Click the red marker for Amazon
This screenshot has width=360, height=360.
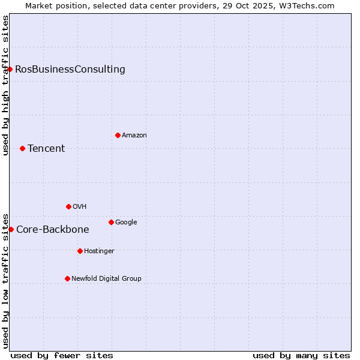[x=118, y=135]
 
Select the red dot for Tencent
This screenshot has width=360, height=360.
[x=22, y=148]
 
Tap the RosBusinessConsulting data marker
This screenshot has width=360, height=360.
[x=10, y=69]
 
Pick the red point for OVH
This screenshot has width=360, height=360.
[x=68, y=206]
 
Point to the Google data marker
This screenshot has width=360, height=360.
[x=111, y=222]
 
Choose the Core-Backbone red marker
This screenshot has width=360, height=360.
[x=11, y=229]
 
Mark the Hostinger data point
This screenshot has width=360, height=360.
[x=80, y=251]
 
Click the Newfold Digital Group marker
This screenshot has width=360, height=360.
[x=67, y=278]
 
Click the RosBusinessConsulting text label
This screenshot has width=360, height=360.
[x=70, y=69]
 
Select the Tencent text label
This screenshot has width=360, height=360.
[x=46, y=148]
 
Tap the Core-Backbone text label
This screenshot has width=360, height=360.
[x=53, y=229]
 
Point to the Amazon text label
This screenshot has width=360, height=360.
[x=134, y=135]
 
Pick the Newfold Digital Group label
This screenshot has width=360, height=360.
[x=107, y=278]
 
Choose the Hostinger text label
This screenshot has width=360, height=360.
[x=99, y=251]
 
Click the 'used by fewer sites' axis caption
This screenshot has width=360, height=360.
[x=62, y=355]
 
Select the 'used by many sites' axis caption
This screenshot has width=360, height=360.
[x=301, y=355]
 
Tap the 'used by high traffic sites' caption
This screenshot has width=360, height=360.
[x=5, y=85]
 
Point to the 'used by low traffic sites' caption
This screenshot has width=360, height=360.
[x=5, y=280]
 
